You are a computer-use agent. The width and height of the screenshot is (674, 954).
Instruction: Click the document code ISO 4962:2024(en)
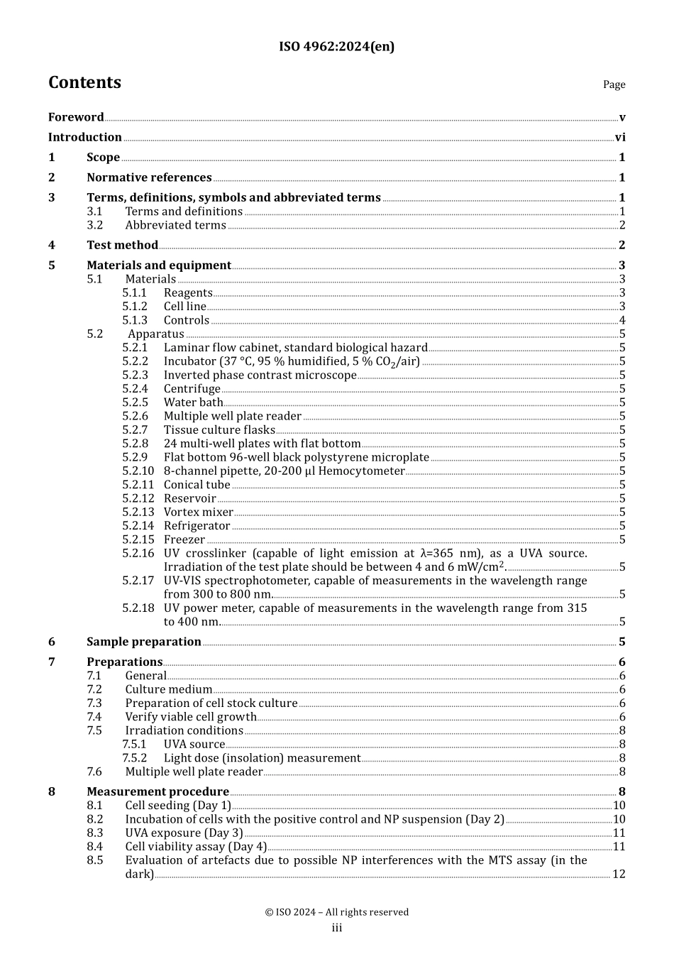point(336,47)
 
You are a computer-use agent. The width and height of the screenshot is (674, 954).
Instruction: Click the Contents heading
point(84,83)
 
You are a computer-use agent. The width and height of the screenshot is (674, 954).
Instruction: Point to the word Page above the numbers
point(614,84)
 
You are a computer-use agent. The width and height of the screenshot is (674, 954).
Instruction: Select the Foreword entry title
point(76,117)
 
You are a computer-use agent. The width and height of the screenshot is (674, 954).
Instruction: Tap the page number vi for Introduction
point(620,138)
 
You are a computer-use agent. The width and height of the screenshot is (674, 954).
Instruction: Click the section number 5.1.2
point(135,307)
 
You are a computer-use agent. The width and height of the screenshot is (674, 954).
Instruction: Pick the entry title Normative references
point(149,177)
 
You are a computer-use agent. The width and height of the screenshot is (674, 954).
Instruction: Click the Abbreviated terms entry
point(175,225)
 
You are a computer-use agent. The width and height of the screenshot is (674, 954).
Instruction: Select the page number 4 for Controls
point(622,320)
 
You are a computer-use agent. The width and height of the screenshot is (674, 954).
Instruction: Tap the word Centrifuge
point(192,389)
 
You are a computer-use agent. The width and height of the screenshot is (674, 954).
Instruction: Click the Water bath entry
point(193,402)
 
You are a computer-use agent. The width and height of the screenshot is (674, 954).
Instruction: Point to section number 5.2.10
point(138,471)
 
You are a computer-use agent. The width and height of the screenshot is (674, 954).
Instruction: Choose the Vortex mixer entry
point(198,512)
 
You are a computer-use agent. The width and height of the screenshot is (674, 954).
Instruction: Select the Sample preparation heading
point(144,642)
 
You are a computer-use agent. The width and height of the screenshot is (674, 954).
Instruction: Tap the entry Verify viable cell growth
point(190,717)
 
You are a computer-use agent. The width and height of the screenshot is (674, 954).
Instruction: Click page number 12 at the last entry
point(619,874)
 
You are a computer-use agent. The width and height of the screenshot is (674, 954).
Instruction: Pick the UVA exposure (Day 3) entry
point(184,833)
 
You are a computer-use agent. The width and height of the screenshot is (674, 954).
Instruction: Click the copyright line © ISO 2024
point(336,912)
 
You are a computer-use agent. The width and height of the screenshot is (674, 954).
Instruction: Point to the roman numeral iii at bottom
point(337,928)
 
